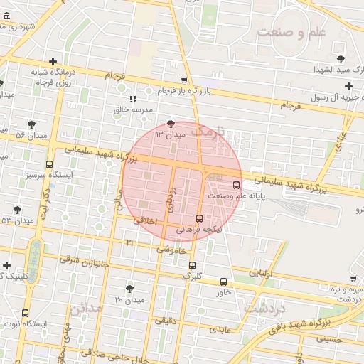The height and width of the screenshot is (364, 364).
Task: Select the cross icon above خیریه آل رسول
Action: tap(348, 86)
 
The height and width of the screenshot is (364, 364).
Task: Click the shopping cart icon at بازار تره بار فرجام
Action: tap(185, 80)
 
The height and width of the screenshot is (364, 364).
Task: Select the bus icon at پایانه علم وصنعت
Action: tap(237, 185)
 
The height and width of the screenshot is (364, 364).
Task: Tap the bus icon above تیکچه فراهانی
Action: tap(198, 218)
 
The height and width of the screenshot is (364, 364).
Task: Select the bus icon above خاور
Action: tap(224, 282)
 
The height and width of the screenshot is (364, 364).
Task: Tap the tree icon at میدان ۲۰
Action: tap(129, 288)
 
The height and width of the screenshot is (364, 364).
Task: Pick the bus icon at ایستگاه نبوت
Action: tap(26, 313)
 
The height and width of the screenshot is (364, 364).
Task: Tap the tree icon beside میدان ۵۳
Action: tap(17, 210)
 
